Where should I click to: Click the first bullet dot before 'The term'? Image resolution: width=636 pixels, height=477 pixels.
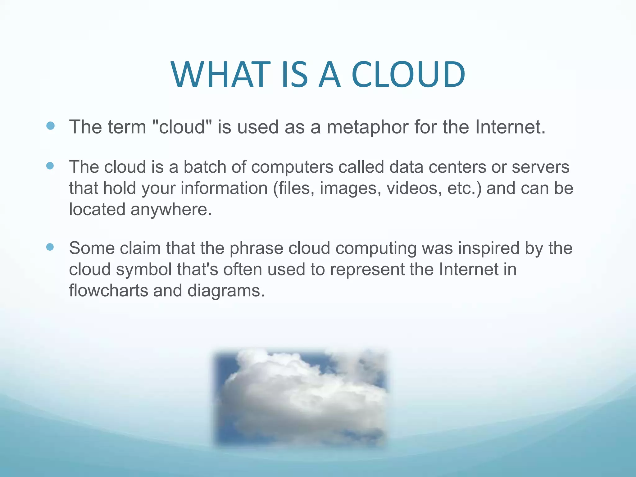(x=50, y=126)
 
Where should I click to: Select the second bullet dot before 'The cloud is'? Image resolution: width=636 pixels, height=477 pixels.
(x=50, y=166)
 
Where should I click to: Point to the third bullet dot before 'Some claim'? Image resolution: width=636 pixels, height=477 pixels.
(x=50, y=247)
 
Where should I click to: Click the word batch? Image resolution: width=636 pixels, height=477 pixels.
(x=205, y=167)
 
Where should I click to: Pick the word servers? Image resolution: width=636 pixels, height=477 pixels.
(x=540, y=167)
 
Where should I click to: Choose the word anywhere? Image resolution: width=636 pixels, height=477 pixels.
(x=171, y=209)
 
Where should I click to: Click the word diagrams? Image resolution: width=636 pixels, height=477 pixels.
(x=226, y=291)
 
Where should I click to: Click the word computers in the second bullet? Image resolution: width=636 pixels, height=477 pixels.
(x=292, y=167)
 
